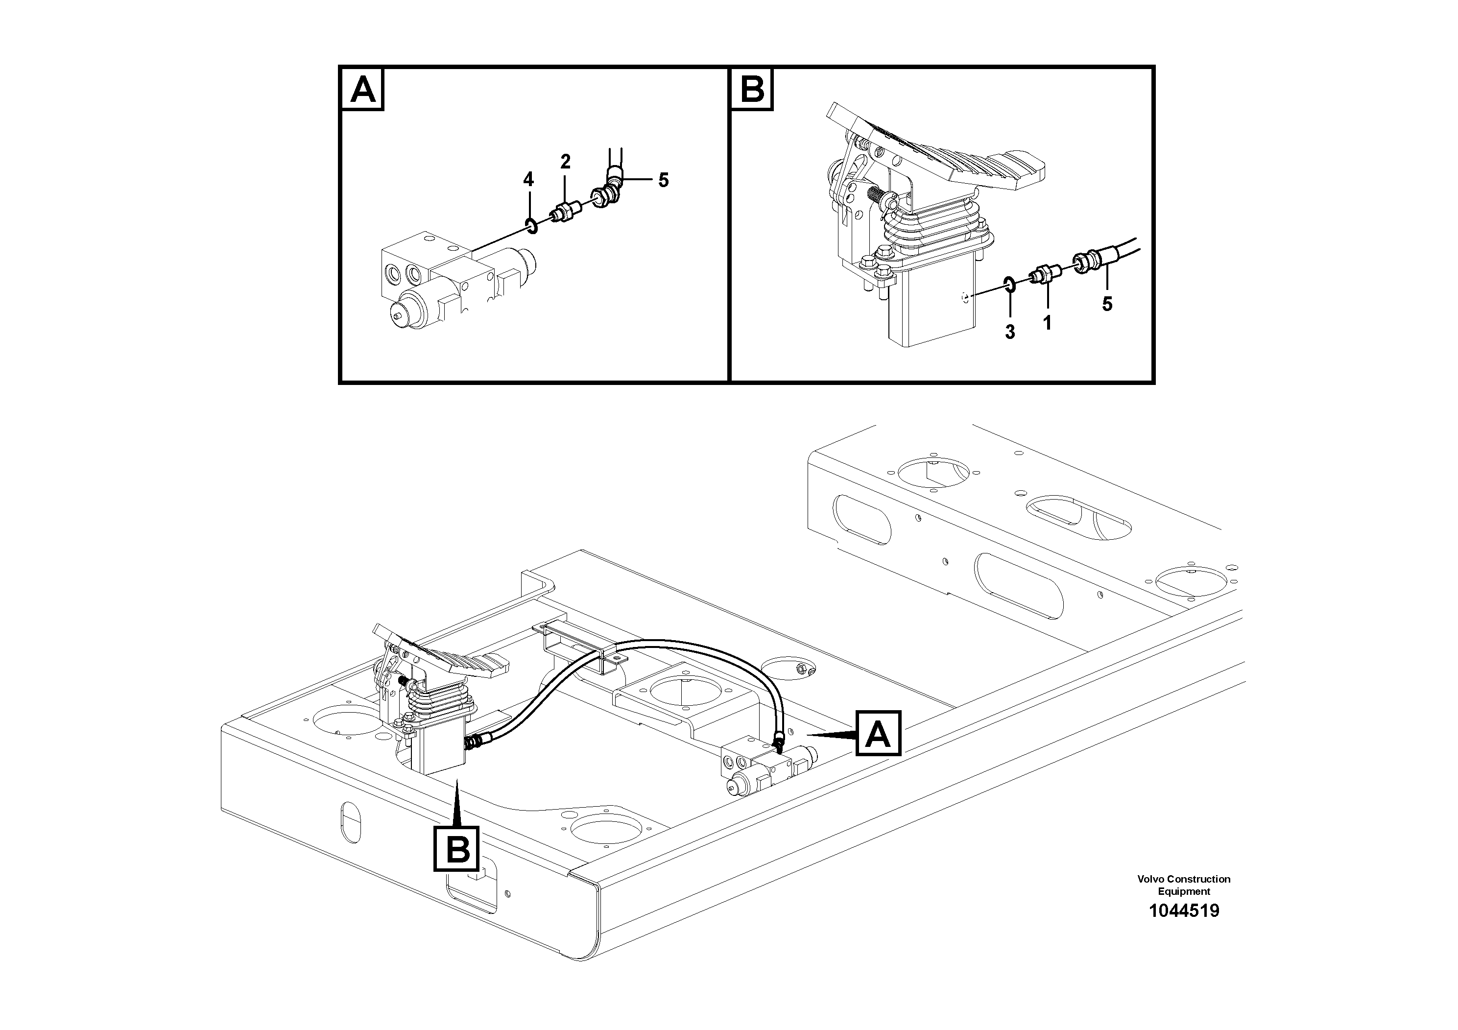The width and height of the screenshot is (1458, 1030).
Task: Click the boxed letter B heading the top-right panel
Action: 752,90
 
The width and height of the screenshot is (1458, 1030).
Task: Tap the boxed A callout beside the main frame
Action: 878,734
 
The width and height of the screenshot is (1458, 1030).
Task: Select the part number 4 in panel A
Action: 528,180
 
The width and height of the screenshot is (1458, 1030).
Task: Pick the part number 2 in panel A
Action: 565,162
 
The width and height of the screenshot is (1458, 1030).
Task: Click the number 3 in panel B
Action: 1010,332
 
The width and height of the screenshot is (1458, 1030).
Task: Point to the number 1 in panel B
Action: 1047,323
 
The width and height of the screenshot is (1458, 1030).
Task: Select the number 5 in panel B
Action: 1107,304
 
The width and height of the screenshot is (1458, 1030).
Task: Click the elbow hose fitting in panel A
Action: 608,190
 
